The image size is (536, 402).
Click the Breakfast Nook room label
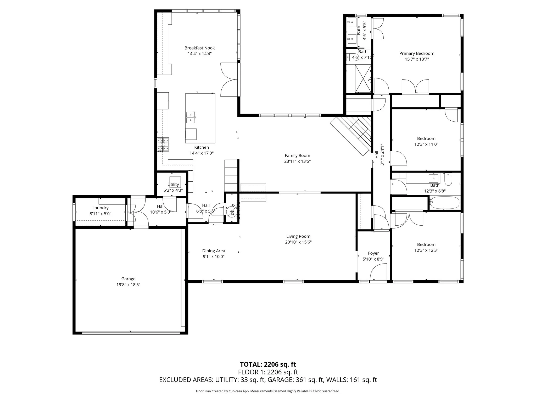point(199,48)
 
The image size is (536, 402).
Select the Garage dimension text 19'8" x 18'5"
point(128,285)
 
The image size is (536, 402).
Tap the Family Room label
point(297,155)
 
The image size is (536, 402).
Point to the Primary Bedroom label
point(417,53)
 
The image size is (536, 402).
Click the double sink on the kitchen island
point(191,118)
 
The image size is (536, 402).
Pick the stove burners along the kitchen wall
point(163,144)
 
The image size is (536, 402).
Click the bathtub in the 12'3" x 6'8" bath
point(445,203)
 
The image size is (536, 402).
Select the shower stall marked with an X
point(363,79)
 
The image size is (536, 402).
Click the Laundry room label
point(100,208)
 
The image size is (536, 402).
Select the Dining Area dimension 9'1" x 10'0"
point(214,256)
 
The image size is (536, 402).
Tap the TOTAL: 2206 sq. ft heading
point(268,364)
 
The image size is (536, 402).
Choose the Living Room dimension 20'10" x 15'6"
point(298,242)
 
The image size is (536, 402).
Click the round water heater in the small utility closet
point(231,210)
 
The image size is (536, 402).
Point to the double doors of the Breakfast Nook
point(229,80)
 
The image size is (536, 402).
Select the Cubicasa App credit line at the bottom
point(268,391)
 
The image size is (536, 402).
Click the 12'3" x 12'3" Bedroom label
point(426,244)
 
